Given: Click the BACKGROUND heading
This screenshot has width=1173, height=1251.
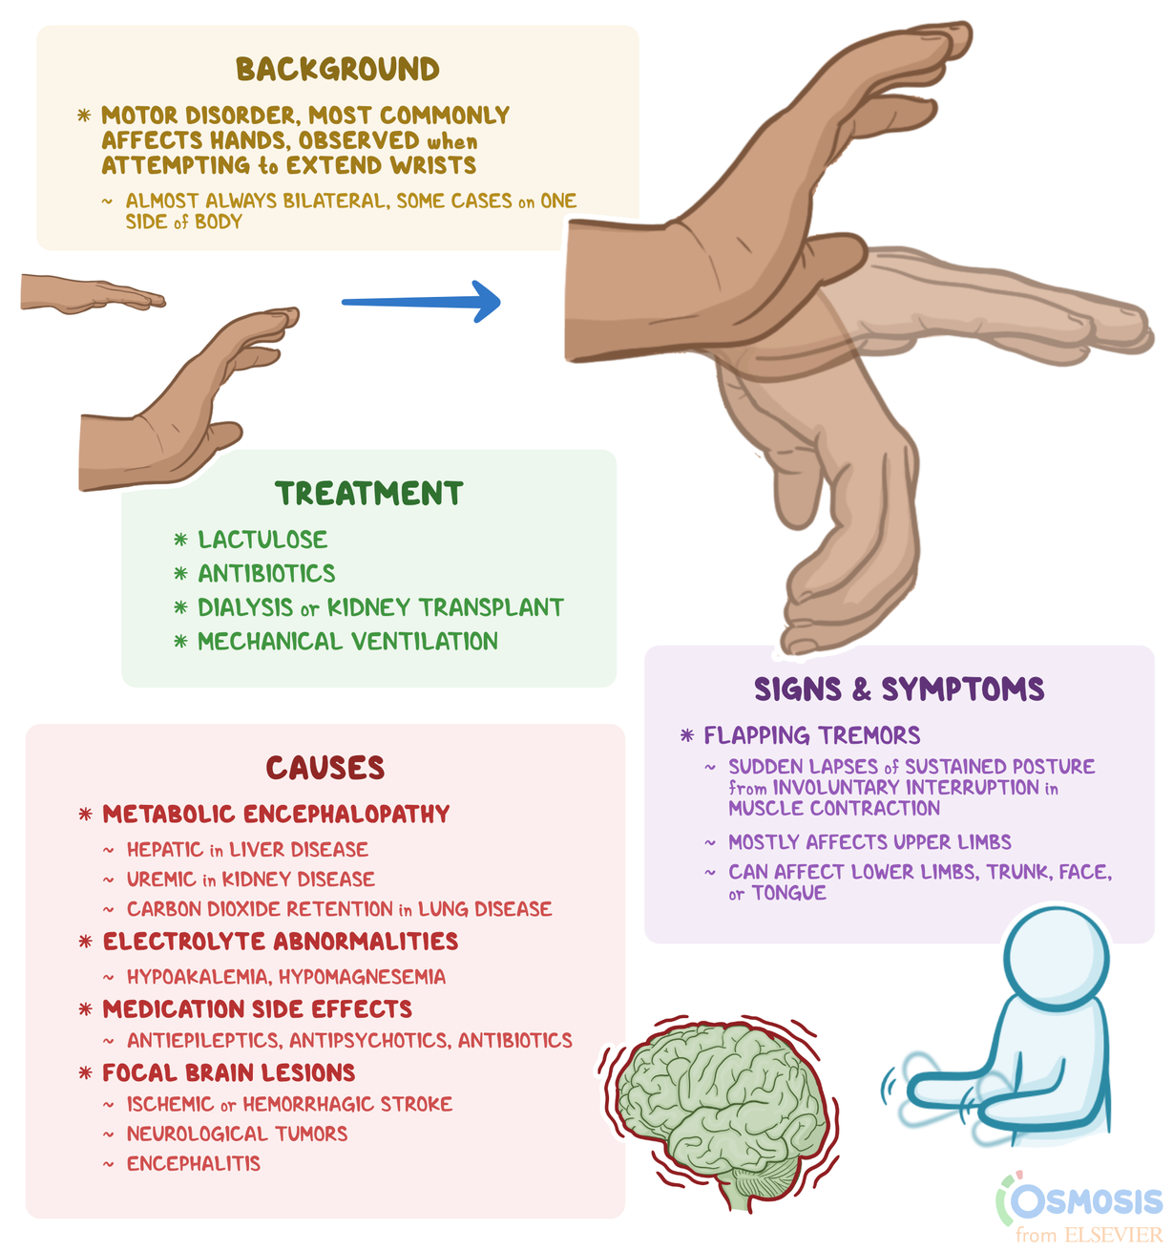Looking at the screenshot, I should coord(338,70).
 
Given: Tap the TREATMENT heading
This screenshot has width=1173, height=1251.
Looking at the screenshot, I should coord(369,494).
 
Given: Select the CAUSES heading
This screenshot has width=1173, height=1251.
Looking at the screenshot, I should coord(325,768).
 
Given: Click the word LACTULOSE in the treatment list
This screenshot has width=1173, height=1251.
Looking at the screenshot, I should coord(262,540).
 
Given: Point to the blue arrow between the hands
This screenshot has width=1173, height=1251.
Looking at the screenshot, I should coord(421,302).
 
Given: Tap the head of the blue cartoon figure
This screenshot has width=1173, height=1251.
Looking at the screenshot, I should coord(1056,956).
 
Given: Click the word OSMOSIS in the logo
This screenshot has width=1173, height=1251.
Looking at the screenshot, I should coord(1087,1201).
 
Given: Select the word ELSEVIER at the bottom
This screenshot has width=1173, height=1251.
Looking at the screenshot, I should coord(1113,1235).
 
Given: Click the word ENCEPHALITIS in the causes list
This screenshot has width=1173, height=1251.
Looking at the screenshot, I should coord(194,1163).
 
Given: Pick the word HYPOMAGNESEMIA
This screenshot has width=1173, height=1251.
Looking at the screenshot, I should coord(362,977).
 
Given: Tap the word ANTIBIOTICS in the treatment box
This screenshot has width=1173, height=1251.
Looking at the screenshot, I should coord(266,573).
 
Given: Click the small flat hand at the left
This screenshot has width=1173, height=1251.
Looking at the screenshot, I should coord(91,294).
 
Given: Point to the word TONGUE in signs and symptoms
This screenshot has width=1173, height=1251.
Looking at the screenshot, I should coord(788,893).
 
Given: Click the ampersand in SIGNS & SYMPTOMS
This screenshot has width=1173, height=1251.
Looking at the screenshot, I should coord(861,689).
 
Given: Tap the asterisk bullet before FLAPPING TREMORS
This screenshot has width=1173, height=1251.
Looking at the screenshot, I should coord(686,735).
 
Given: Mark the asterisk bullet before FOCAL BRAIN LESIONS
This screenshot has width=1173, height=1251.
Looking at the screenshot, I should coord(86,1073).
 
